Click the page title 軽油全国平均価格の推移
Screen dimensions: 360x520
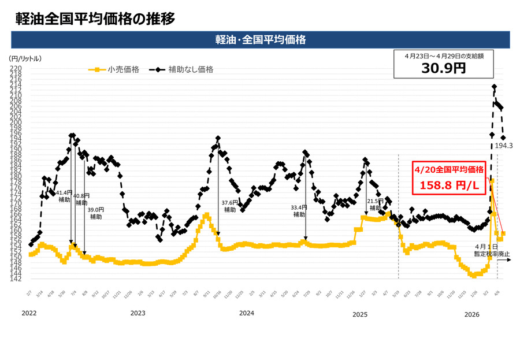[95, 18]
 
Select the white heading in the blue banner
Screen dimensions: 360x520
[260, 40]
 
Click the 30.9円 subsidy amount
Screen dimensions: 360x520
[444, 68]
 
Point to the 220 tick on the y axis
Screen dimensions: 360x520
[16, 68]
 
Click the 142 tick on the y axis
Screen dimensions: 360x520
[16, 279]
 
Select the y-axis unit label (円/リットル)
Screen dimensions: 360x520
[25, 59]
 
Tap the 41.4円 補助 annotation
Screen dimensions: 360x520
[64, 196]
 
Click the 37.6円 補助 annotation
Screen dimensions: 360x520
[230, 206]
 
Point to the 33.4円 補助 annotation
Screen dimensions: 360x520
[299, 210]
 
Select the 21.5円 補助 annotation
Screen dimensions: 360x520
[376, 204]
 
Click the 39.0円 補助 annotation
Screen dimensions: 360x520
[96, 213]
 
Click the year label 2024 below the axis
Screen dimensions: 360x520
[247, 313]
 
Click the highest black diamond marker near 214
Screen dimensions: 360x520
[495, 87]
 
